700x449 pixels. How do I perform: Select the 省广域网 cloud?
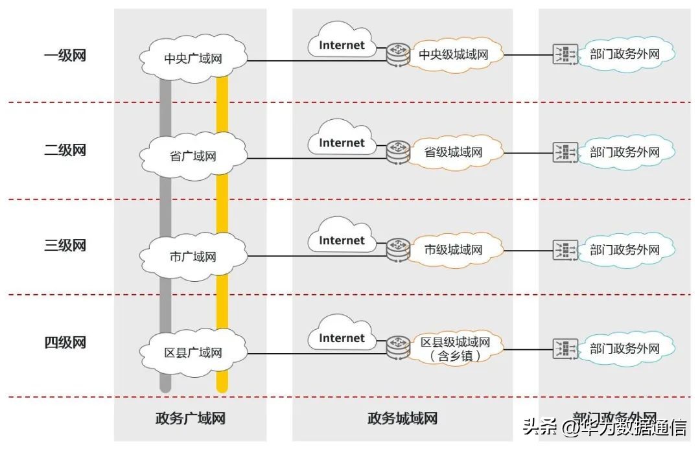coord(193,156)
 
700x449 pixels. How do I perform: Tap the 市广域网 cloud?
coord(193,256)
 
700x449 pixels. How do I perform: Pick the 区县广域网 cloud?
coord(193,352)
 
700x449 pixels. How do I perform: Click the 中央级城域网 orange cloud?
coord(454,55)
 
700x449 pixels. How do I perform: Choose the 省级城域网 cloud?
coord(454,152)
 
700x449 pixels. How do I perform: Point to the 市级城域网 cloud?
coord(454,249)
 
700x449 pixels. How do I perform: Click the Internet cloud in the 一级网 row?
coord(342,45)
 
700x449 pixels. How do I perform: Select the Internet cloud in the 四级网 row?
coord(342,338)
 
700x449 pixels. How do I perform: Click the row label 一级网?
coord(65,55)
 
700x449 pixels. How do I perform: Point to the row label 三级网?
coord(65,246)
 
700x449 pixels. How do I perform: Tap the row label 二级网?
coord(65,150)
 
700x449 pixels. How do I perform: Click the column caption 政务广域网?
coord(190,419)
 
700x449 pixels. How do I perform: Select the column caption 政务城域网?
coord(402,419)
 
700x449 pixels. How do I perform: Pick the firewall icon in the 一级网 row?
coord(565,55)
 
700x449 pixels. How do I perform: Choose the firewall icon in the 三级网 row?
coord(565,249)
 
